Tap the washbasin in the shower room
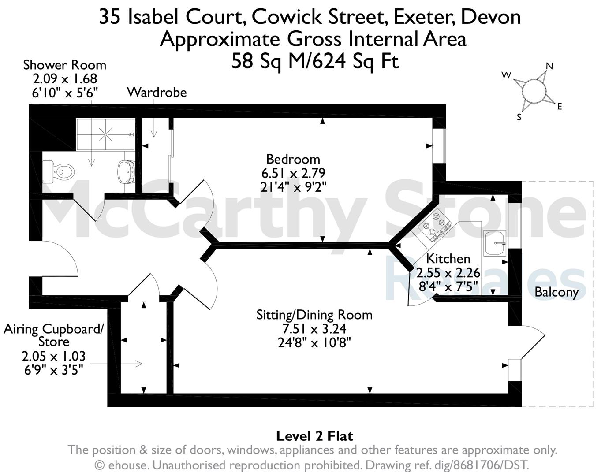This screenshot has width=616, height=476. click(127, 172)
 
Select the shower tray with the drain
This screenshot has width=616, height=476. click(105, 134)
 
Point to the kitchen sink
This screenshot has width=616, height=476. click(495, 243)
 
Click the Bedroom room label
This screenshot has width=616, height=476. click(293, 159)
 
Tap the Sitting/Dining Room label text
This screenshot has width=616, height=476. click(314, 315)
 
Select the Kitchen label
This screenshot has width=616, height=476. click(448, 259)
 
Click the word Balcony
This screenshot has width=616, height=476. click(556, 292)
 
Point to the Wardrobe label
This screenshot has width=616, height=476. click(157, 93)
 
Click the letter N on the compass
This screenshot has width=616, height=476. click(549, 66)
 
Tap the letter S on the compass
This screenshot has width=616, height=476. click(519, 117)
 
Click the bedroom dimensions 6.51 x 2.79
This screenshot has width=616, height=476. click(293, 173)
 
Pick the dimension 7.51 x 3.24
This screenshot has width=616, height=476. click(314, 329)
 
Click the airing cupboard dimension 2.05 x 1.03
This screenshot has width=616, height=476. click(54, 356)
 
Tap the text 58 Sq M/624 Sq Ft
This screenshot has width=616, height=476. click(315, 61)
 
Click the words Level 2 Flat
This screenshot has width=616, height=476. click(315, 436)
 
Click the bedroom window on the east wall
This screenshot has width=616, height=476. click(439, 146)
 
